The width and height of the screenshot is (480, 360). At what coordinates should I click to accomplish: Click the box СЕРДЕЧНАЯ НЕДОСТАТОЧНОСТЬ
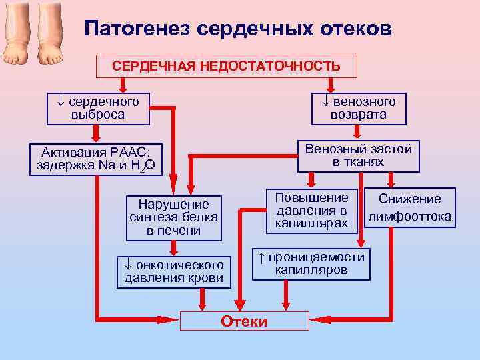point(227,66)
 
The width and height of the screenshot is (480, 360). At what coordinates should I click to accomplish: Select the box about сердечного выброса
point(98,109)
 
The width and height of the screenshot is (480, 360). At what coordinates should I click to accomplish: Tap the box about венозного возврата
point(359,109)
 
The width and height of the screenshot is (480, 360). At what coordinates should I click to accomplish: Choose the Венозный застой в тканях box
point(359,155)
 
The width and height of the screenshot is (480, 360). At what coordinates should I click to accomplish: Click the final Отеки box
point(244,321)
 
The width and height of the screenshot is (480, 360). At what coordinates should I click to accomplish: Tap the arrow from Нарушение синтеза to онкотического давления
point(174,248)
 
